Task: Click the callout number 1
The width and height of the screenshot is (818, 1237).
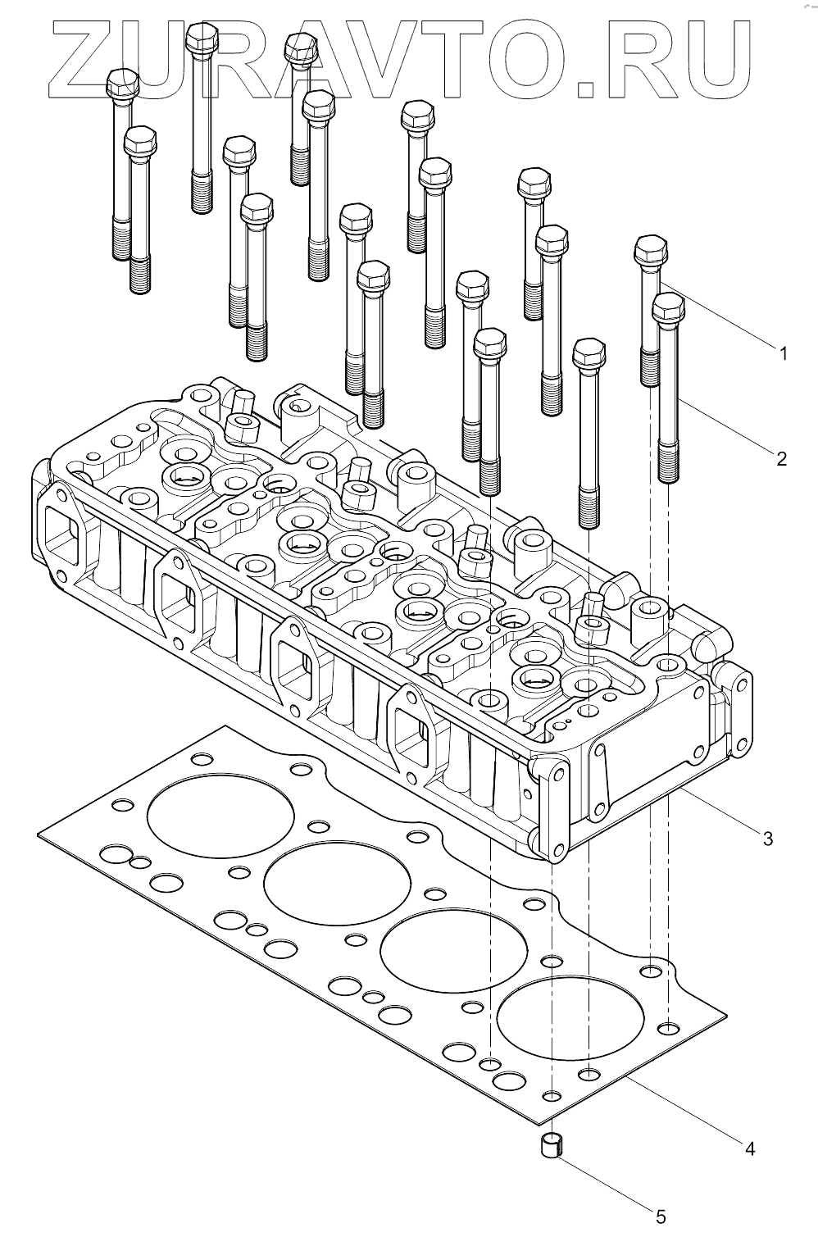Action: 783,353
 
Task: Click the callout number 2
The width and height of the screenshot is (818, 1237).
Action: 781,458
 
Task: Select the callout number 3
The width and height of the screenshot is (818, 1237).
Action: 768,839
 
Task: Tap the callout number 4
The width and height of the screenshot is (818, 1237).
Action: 748,1148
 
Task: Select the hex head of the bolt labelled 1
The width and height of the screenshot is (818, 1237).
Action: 651,248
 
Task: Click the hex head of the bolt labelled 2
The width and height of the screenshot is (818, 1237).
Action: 668,307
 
